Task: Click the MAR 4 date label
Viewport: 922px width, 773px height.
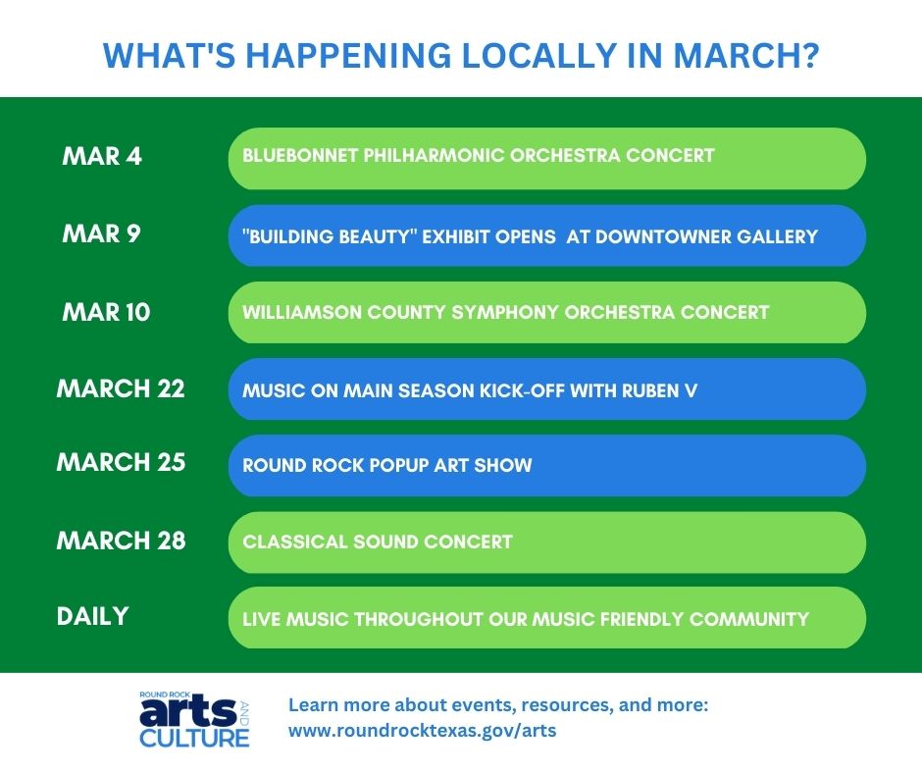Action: coord(102,157)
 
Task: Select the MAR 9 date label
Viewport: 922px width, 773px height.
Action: coord(101,234)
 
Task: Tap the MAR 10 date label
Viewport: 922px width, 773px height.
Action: coord(106,312)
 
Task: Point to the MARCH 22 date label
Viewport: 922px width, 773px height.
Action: coord(121,388)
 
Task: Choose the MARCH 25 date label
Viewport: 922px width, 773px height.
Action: coord(121,462)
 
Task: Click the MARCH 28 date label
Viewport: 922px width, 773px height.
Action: coord(121,541)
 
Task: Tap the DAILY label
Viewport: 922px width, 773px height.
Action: coord(92,616)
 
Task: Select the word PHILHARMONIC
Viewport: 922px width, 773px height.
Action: coord(434,155)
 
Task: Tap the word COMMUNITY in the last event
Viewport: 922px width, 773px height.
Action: coord(749,619)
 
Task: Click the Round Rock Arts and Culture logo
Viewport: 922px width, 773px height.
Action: coord(194,719)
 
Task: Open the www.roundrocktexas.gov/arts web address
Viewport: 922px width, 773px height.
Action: coord(422,731)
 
